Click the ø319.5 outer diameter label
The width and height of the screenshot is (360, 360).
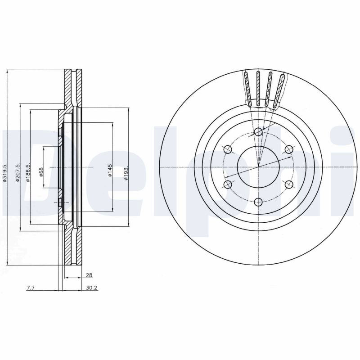pos(5,173)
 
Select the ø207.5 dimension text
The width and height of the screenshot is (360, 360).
pos(18,173)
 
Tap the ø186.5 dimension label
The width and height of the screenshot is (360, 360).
pos(28,173)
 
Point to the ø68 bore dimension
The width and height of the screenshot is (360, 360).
pos(41,172)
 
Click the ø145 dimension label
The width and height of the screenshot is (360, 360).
pos(110,170)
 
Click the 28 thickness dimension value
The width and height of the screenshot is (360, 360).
pos(89,275)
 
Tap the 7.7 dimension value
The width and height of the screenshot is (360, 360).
pos(31,288)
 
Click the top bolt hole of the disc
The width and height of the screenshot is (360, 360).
pos(258,132)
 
